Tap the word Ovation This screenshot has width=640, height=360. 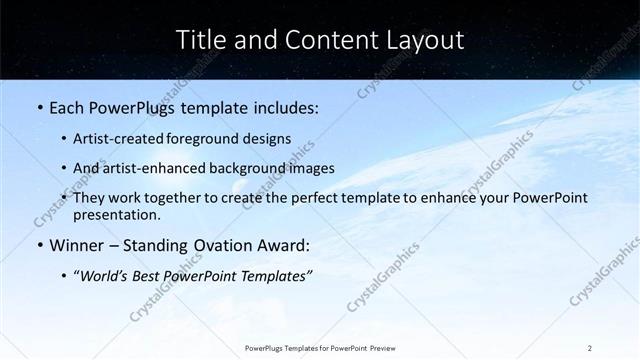(x=224, y=246)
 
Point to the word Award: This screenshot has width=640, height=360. (x=285, y=246)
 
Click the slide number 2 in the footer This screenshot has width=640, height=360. (x=590, y=347)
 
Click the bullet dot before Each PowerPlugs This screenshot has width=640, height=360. (x=39, y=107)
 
